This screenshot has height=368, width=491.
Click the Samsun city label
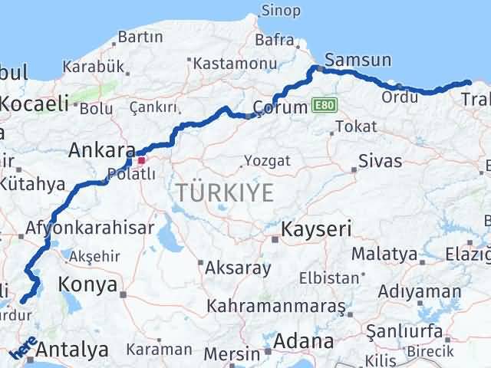point(358,60)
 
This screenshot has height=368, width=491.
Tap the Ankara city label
point(97,150)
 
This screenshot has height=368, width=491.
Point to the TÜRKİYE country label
point(224,193)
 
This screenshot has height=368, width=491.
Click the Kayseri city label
point(316,229)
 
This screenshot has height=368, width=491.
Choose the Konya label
point(91,286)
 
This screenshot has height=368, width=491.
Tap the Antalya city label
point(72,351)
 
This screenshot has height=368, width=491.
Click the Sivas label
point(381,162)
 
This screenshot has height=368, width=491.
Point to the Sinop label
point(281,11)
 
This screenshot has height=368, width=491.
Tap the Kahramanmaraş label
point(276,307)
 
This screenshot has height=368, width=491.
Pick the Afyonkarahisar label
point(90,228)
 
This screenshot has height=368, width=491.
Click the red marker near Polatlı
point(140,160)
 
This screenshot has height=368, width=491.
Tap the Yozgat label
point(267,161)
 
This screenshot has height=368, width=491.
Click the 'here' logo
point(24,349)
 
